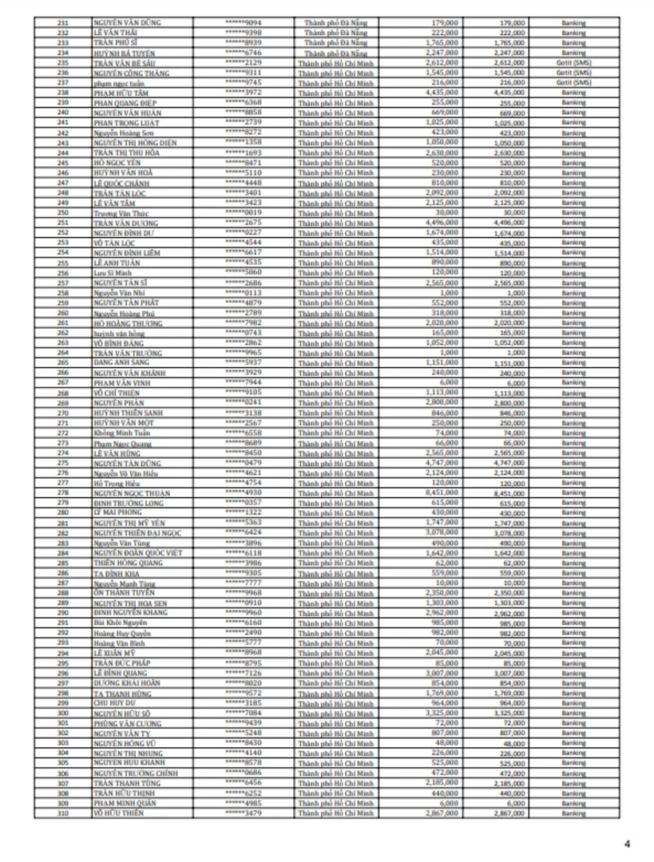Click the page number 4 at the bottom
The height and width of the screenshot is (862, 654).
click(627, 843)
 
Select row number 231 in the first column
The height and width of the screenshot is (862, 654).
click(63, 23)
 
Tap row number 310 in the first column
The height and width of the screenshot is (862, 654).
click(63, 813)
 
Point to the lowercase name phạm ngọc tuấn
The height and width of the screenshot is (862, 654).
click(117, 82)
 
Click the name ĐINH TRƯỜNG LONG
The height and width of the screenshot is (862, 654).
click(123, 503)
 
